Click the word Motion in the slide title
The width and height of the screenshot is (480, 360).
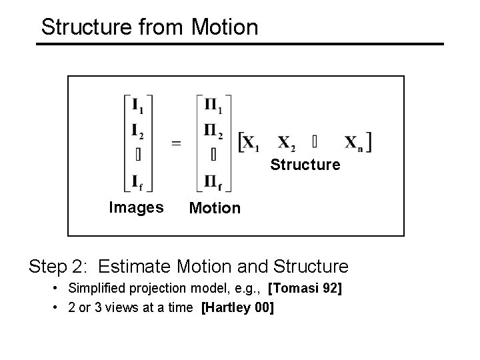click(x=224, y=27)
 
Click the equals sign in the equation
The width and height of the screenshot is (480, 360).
click(x=176, y=142)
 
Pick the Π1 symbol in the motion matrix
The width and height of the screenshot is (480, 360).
click(x=215, y=105)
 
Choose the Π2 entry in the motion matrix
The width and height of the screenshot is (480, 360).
click(x=215, y=129)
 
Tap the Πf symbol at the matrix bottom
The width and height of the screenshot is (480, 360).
click(x=215, y=180)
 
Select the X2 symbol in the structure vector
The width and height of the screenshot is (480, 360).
click(x=287, y=143)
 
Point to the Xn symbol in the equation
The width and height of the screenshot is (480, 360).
click(x=354, y=143)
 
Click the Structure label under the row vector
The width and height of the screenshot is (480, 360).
click(x=305, y=165)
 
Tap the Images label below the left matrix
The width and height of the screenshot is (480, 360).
click(x=136, y=207)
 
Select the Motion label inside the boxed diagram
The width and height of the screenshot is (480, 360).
click(x=215, y=208)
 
